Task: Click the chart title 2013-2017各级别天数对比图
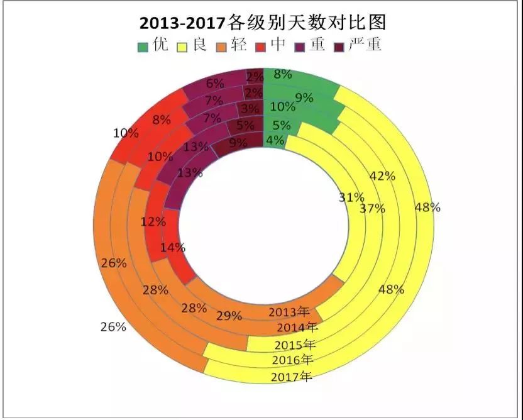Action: click(x=262, y=23)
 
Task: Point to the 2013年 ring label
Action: click(x=290, y=312)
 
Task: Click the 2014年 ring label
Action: click(x=297, y=328)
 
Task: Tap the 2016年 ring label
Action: click(x=293, y=360)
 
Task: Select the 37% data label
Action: click(x=372, y=209)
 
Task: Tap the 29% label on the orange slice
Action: click(x=229, y=316)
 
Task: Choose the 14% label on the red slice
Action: click(x=172, y=248)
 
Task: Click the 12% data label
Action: click(x=153, y=221)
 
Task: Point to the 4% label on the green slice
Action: click(x=275, y=140)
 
